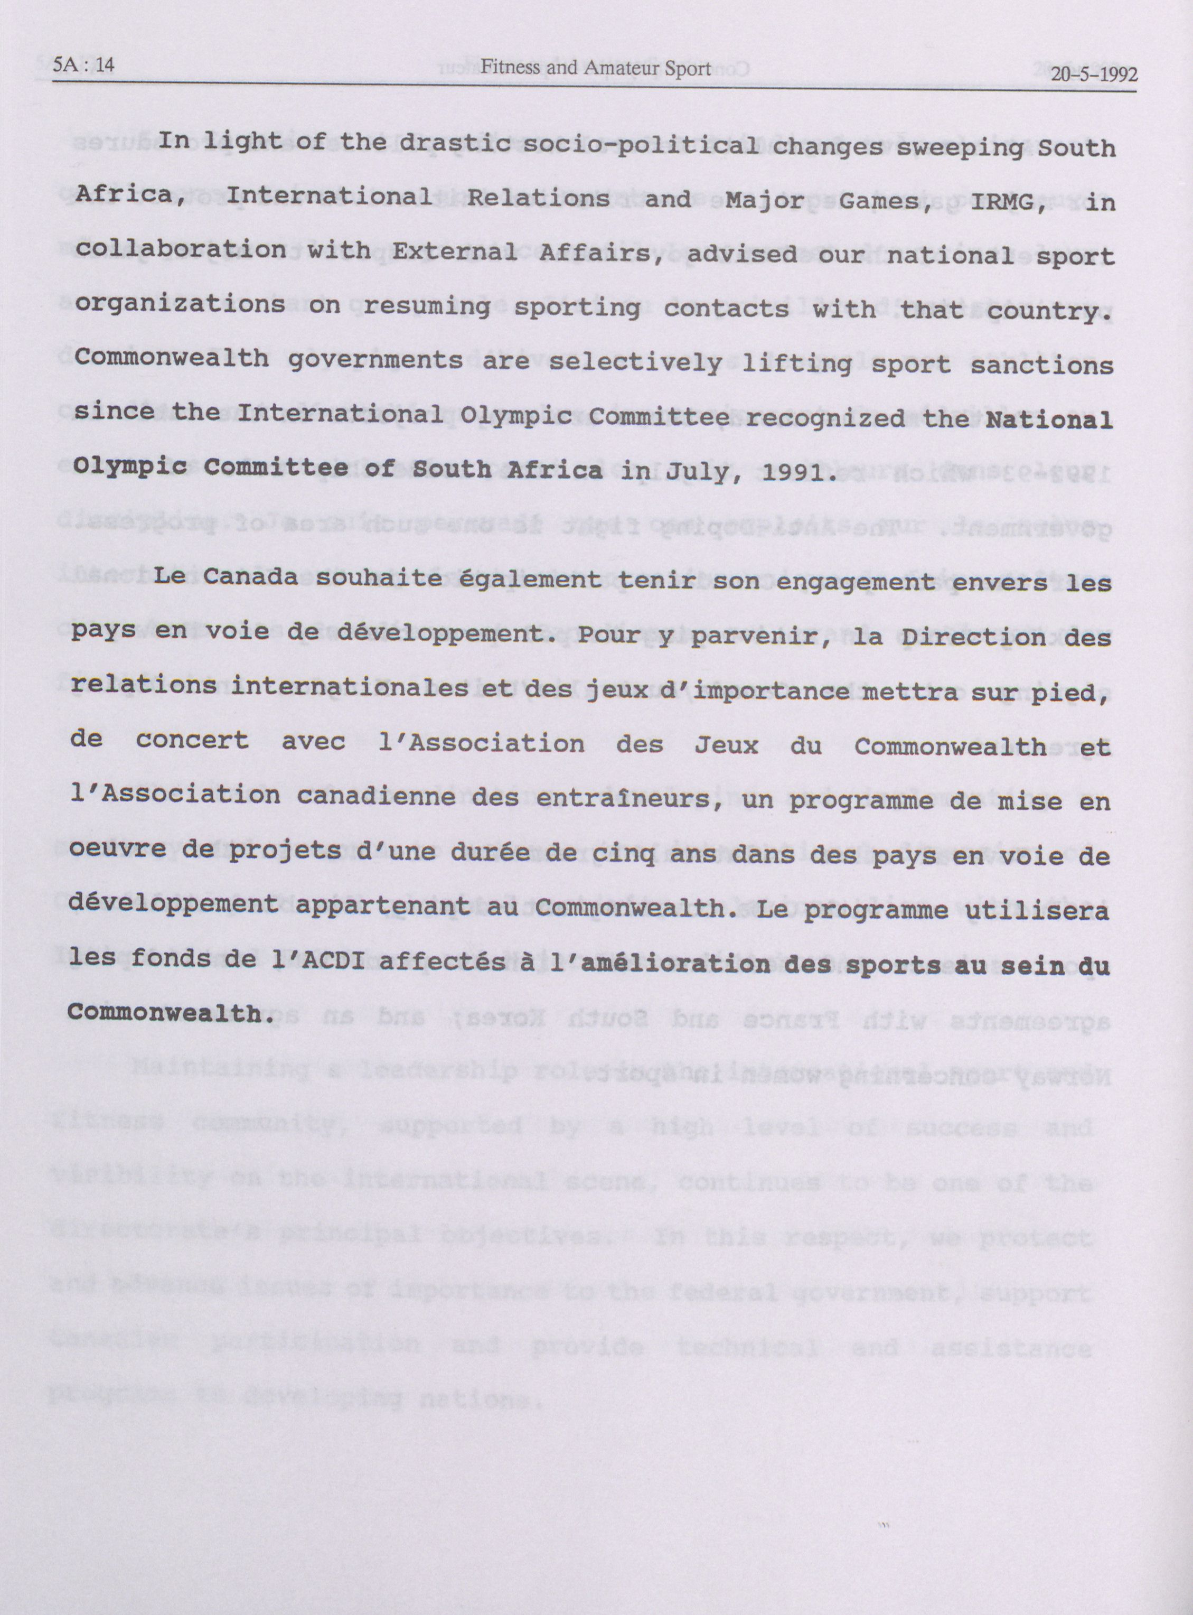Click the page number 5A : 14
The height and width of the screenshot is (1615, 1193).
(x=84, y=67)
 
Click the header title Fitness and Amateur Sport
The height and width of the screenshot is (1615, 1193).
(x=596, y=69)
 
